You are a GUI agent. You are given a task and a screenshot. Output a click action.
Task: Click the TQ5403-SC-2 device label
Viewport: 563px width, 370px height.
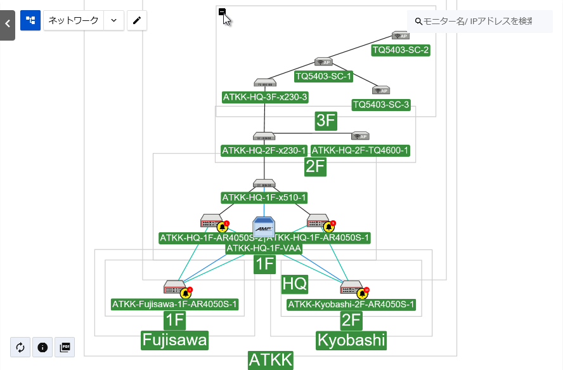(x=401, y=50)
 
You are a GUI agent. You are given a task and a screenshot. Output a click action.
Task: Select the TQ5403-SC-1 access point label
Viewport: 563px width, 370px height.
(x=324, y=77)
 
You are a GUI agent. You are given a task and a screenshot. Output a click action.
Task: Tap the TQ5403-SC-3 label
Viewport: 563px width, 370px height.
(x=381, y=105)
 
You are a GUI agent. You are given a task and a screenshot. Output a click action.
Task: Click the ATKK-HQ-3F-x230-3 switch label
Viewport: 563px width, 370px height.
(x=265, y=97)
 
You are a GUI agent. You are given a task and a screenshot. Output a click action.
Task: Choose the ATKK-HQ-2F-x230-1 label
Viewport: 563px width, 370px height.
(x=264, y=151)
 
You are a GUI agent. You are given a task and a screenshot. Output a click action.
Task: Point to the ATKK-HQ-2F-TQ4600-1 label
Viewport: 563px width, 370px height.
(x=360, y=151)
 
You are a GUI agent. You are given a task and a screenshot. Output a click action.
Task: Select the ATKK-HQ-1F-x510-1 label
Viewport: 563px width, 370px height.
(x=264, y=198)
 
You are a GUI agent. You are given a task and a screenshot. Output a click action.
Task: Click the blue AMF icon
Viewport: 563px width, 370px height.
(x=264, y=227)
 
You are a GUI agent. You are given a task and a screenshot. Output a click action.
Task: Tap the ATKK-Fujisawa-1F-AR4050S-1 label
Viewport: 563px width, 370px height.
(x=175, y=305)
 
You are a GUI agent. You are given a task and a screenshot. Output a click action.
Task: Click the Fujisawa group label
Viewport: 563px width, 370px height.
(x=174, y=341)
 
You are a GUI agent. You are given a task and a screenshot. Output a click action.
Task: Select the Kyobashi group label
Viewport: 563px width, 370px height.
(x=351, y=341)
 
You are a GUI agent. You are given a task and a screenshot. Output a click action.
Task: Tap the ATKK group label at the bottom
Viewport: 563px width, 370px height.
(x=271, y=360)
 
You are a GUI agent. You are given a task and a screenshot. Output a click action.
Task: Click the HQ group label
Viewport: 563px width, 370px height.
(x=294, y=284)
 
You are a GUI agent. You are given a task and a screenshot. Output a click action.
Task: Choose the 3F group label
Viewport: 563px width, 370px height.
(x=325, y=121)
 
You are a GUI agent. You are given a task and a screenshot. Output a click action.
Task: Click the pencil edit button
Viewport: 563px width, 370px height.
(x=136, y=20)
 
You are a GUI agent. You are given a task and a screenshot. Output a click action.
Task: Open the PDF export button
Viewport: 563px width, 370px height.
(x=65, y=347)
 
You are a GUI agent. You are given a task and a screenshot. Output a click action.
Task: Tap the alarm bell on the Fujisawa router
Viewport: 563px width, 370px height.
(x=185, y=293)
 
